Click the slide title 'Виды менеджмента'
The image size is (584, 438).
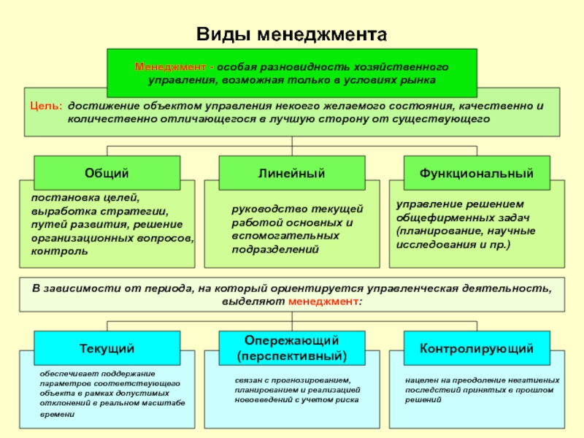pyautogui.click(x=291, y=34)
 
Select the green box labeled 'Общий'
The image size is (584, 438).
pyautogui.click(x=107, y=173)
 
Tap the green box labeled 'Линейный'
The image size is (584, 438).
pyautogui.click(x=291, y=173)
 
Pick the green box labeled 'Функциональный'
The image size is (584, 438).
pyautogui.click(x=476, y=173)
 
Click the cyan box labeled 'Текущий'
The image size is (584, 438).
pyautogui.click(x=107, y=348)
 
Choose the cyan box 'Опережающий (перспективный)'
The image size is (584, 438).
pyautogui.click(x=291, y=348)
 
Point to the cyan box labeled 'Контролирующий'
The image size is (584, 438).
pyautogui.click(x=476, y=348)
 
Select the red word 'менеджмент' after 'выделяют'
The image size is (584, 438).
pyautogui.click(x=324, y=301)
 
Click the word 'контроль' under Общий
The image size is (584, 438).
pyautogui.click(x=59, y=250)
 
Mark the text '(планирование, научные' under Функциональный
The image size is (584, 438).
pyautogui.click(x=466, y=231)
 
